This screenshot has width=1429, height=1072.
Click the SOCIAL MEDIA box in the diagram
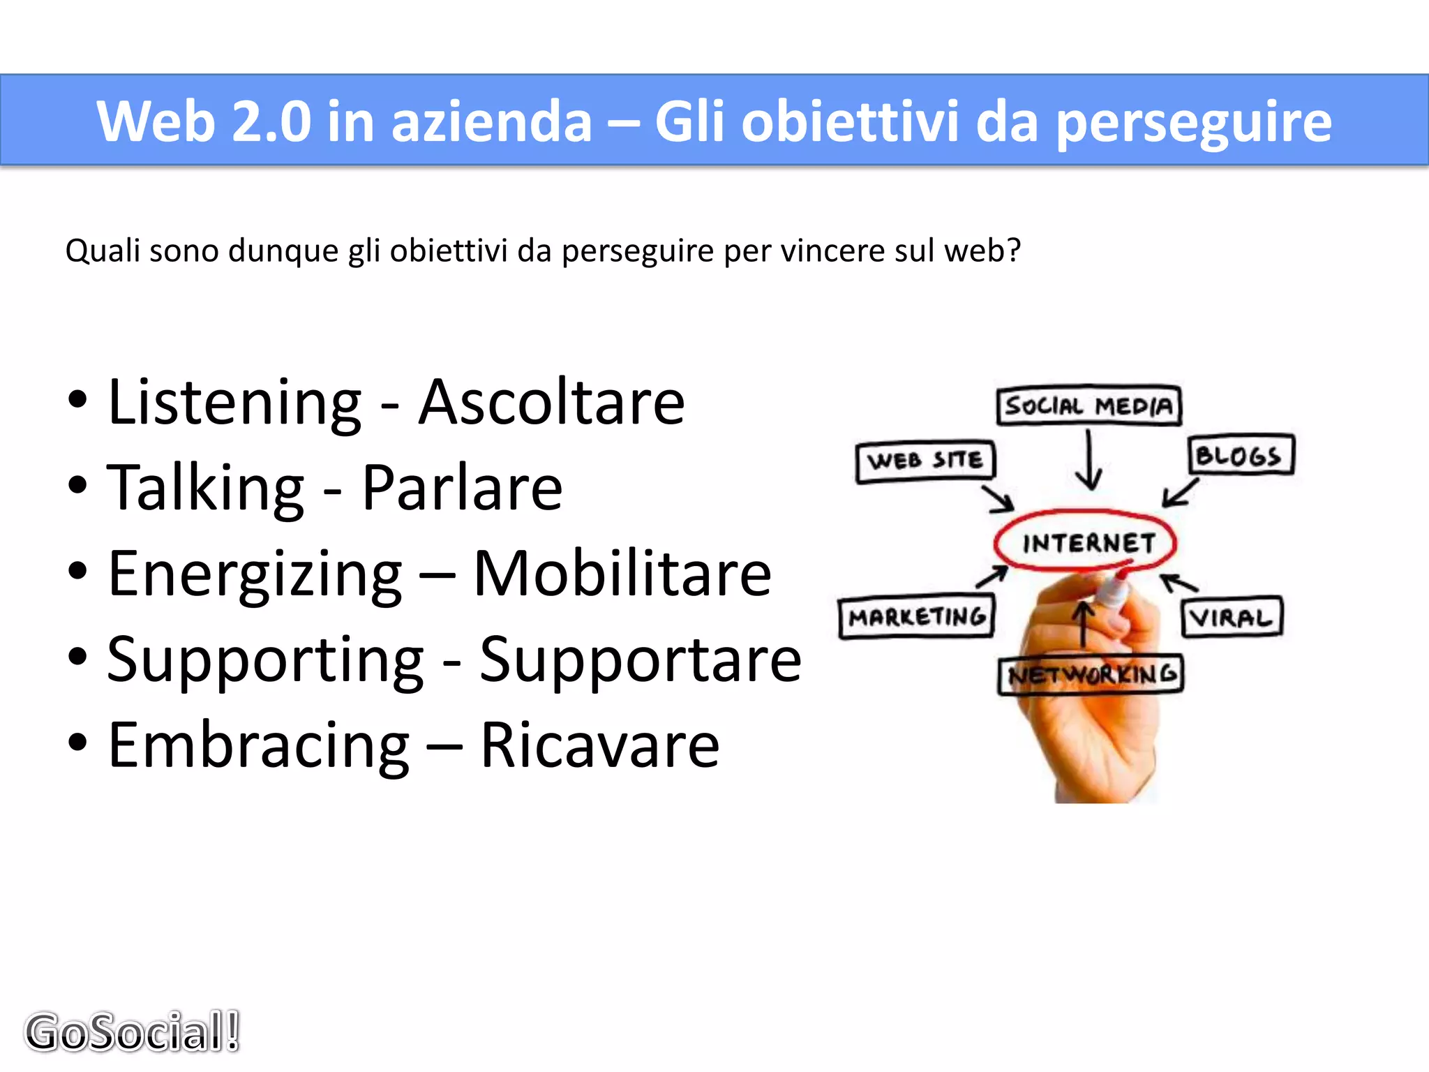point(1088,405)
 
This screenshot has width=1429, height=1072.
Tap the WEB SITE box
point(925,461)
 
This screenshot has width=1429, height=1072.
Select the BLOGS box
point(1241,456)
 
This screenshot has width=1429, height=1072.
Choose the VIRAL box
point(1232,617)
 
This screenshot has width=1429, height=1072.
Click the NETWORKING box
point(1091,674)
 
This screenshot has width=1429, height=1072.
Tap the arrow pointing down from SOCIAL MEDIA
point(1088,461)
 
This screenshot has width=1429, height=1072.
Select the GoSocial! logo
point(133,1032)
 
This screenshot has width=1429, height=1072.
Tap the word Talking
point(206,489)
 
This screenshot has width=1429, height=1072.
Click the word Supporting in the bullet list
point(265,660)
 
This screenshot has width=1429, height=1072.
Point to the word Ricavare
point(599,745)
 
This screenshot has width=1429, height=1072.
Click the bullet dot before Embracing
point(78,743)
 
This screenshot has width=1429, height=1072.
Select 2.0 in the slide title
point(271,121)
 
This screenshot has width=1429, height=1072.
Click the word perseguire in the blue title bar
point(1193,121)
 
